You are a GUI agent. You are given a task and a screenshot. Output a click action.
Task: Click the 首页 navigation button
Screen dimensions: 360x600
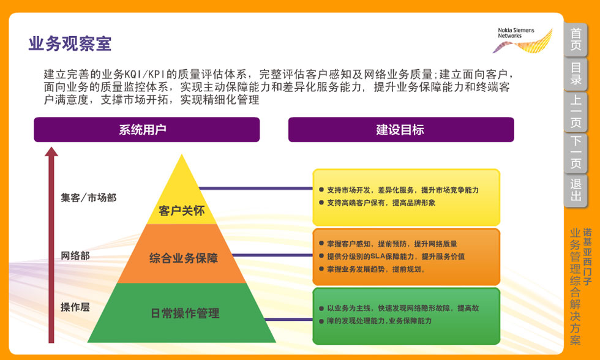[576, 40]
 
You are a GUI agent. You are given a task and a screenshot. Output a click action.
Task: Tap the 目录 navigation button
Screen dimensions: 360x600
[576, 74]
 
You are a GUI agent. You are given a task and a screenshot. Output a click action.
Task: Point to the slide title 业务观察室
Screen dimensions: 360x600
[70, 44]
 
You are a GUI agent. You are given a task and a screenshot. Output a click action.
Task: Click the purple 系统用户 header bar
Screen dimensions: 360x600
[147, 130]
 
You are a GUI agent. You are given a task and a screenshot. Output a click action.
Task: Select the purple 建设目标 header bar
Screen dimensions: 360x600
[400, 130]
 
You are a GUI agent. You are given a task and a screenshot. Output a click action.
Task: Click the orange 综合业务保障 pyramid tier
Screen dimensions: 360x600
[184, 258]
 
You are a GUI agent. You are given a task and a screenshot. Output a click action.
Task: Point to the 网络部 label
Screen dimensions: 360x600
[75, 255]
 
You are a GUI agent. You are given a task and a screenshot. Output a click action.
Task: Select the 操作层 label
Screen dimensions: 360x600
[75, 307]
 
